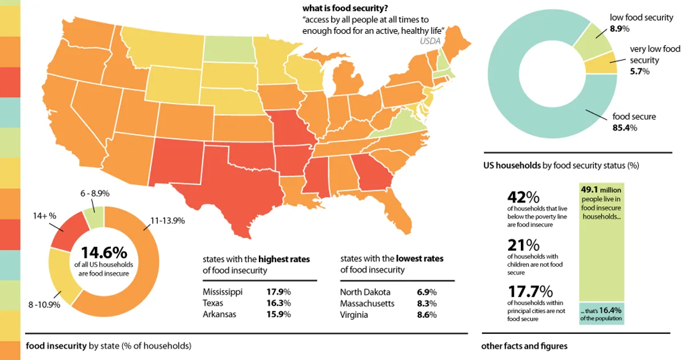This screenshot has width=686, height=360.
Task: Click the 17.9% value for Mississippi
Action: [278, 292]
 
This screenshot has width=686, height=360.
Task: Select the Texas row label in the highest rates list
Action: [213, 303]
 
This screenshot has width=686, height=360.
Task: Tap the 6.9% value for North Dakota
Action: [426, 292]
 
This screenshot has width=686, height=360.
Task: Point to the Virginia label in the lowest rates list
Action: [354, 315]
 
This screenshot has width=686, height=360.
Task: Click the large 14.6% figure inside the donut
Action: [104, 253]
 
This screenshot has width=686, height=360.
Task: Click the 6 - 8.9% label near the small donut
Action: [95, 194]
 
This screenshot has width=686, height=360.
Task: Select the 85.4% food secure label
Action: [625, 127]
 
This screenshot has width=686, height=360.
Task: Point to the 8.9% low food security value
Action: [620, 29]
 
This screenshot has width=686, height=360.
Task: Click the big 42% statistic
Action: [524, 197]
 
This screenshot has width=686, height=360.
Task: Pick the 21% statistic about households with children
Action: [524, 245]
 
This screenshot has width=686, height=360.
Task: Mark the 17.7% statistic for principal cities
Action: [531, 291]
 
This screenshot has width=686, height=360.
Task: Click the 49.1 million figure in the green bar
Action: [601, 190]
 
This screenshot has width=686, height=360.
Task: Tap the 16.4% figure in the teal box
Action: [610, 310]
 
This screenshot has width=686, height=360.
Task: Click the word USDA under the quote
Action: [430, 41]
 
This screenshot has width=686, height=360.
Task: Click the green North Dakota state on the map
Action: [229, 49]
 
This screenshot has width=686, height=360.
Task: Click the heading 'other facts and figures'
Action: [524, 346]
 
